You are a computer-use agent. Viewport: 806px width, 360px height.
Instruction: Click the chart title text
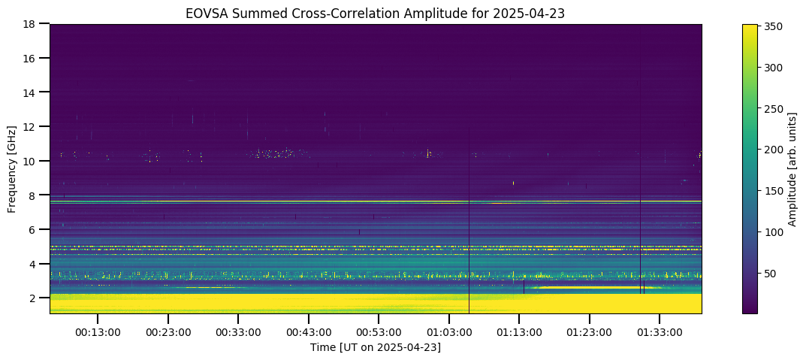click(376, 14)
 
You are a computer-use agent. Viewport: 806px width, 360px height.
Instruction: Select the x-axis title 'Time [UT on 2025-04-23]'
click(376, 348)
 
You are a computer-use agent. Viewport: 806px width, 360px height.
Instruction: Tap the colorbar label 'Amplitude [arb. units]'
click(792, 168)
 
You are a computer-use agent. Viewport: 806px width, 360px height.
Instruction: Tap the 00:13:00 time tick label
click(98, 332)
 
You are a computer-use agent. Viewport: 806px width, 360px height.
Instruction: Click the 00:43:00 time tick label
click(309, 332)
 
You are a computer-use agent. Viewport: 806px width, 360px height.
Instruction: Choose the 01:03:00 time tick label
click(448, 332)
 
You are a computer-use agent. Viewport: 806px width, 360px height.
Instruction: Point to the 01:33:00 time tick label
click(660, 332)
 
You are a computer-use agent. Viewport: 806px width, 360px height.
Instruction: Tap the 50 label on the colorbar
click(771, 274)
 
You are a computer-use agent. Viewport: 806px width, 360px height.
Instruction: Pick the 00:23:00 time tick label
click(168, 332)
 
